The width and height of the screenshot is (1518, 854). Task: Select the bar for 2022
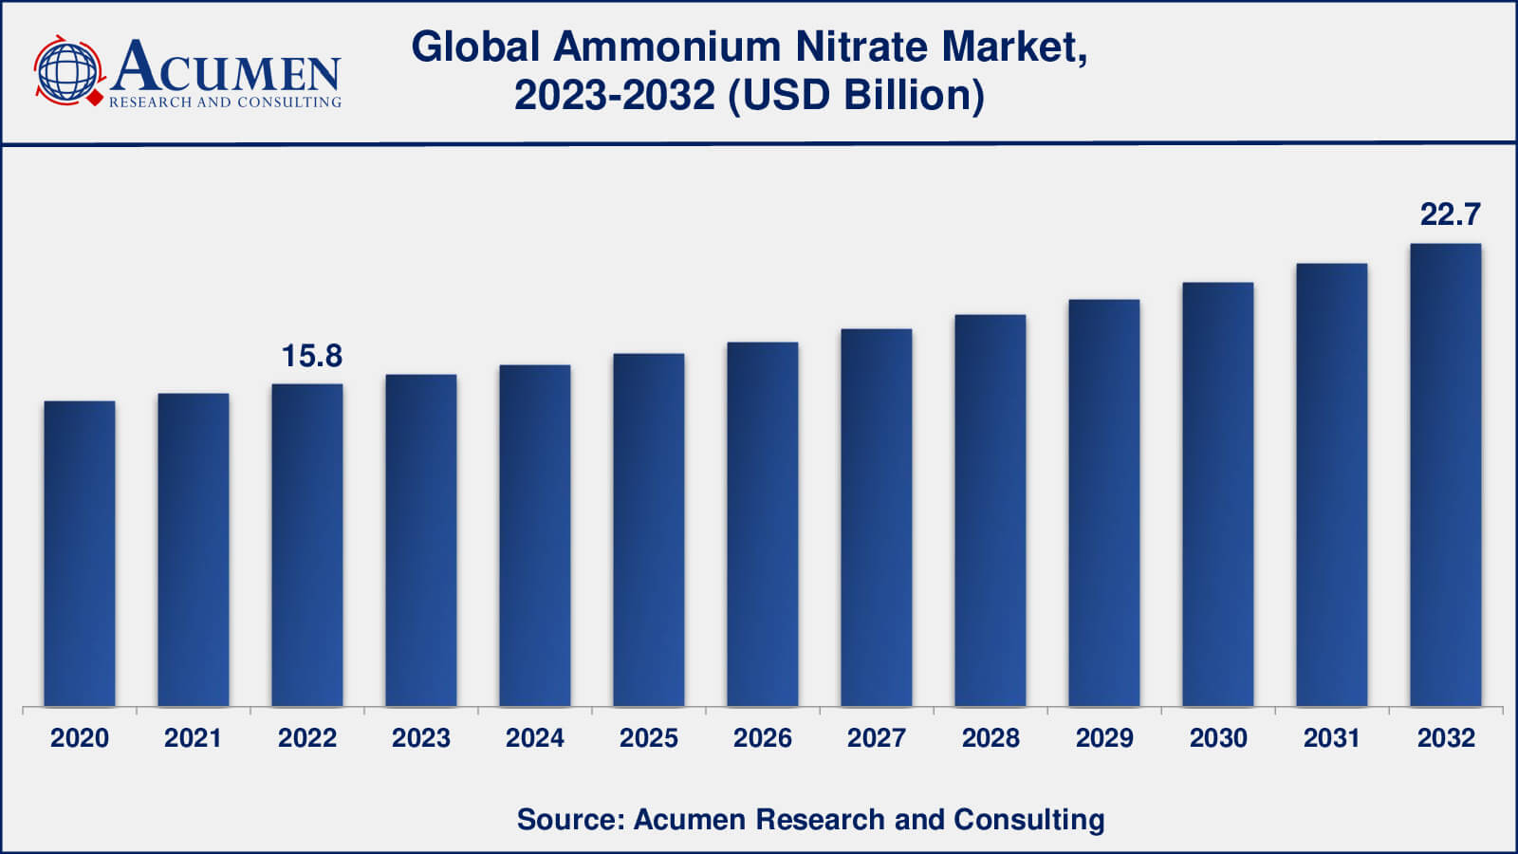click(307, 545)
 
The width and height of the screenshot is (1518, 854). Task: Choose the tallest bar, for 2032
click(1446, 474)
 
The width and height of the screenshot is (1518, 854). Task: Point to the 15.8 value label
click(311, 356)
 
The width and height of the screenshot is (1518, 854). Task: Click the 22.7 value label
click(1450, 214)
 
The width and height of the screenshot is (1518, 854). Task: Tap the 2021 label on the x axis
click(193, 738)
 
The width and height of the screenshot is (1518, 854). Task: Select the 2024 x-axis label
click(535, 738)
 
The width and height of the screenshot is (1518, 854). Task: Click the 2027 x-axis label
click(877, 738)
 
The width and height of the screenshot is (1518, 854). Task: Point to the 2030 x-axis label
click(1218, 738)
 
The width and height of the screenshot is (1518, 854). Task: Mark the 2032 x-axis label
click(1446, 738)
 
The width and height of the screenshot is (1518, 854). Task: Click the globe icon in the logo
click(67, 70)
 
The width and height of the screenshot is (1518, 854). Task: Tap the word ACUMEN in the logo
click(226, 66)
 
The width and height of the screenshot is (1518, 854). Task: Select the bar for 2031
click(1332, 485)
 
